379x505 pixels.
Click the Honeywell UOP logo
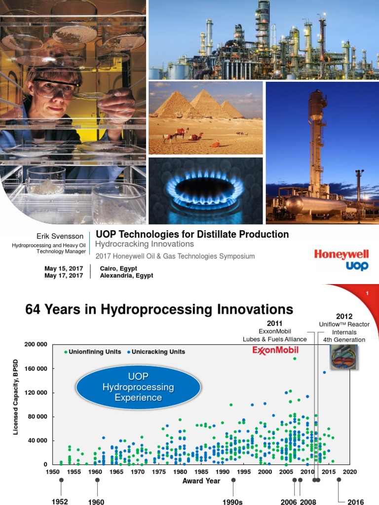point(341,260)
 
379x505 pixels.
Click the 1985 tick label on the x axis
point(201,472)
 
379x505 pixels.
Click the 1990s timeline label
point(233,502)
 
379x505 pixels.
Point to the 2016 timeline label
point(355,502)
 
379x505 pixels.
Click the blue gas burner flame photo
point(205,191)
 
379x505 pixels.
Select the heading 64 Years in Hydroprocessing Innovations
point(159,310)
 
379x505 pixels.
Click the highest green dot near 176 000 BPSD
point(295,359)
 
